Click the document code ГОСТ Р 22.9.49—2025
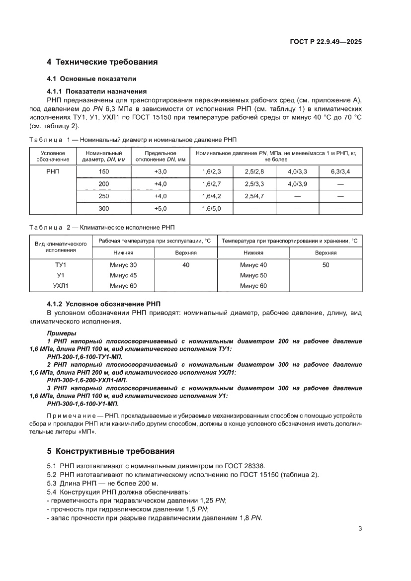pos(326,42)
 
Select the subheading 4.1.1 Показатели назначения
pos(96,91)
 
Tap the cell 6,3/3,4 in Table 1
pos(340,171)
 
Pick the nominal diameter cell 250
pos(103,196)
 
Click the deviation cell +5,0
pos(160,209)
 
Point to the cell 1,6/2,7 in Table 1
pos(211,184)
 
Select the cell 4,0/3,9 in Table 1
pos(297,184)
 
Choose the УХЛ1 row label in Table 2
pos(60,286)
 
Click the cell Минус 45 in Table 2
pos(123,275)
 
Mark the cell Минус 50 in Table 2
pos(253,275)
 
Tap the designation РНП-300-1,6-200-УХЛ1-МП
pos(86,380)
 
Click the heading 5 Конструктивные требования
pos(110,451)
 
